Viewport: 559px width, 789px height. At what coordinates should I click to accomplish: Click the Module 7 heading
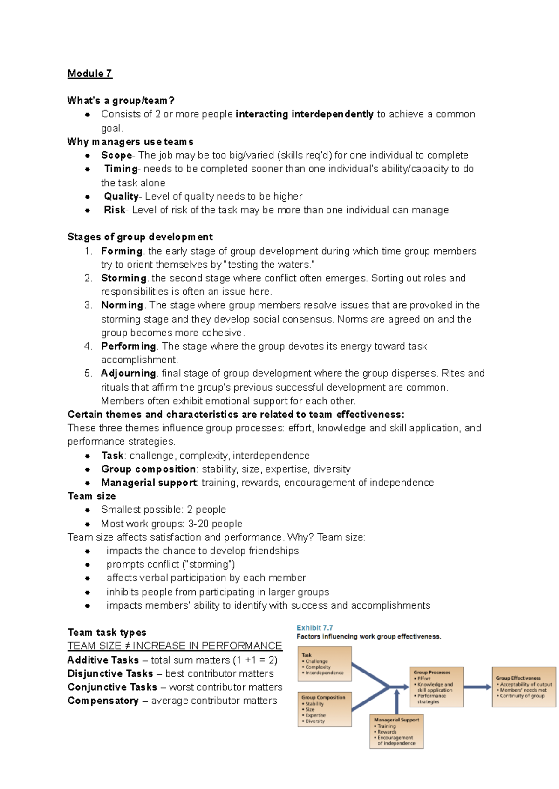[89, 74]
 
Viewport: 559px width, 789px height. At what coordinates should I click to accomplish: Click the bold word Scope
[116, 156]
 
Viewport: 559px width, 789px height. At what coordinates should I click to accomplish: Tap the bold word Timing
[121, 169]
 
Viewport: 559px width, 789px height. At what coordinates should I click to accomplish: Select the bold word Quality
[121, 197]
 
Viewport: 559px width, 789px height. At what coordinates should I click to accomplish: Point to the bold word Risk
[115, 210]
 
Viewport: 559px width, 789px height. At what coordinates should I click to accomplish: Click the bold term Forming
[122, 251]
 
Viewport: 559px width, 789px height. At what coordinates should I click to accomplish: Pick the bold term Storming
[124, 278]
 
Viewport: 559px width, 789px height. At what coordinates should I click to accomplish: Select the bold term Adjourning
[128, 374]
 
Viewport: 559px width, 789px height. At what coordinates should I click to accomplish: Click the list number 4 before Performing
[88, 347]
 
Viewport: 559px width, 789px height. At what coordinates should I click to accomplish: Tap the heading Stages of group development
[140, 237]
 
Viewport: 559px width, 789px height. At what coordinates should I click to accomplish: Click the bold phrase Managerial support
[149, 483]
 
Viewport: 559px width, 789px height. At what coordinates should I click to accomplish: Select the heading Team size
[92, 497]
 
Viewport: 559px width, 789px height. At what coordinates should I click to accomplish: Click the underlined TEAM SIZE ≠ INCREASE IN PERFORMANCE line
[175, 646]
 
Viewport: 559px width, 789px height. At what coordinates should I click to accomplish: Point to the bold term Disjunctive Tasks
[110, 674]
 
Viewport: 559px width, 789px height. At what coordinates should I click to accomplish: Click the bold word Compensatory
[103, 701]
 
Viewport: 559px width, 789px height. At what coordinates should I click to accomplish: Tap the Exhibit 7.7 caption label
[314, 628]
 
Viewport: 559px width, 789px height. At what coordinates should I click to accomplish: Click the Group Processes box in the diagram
[436, 687]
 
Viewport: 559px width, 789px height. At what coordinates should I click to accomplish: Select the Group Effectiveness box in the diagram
[524, 687]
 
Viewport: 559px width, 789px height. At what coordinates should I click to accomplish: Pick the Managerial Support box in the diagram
[396, 732]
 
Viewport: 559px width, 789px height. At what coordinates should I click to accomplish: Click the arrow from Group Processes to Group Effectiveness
[477, 687]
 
